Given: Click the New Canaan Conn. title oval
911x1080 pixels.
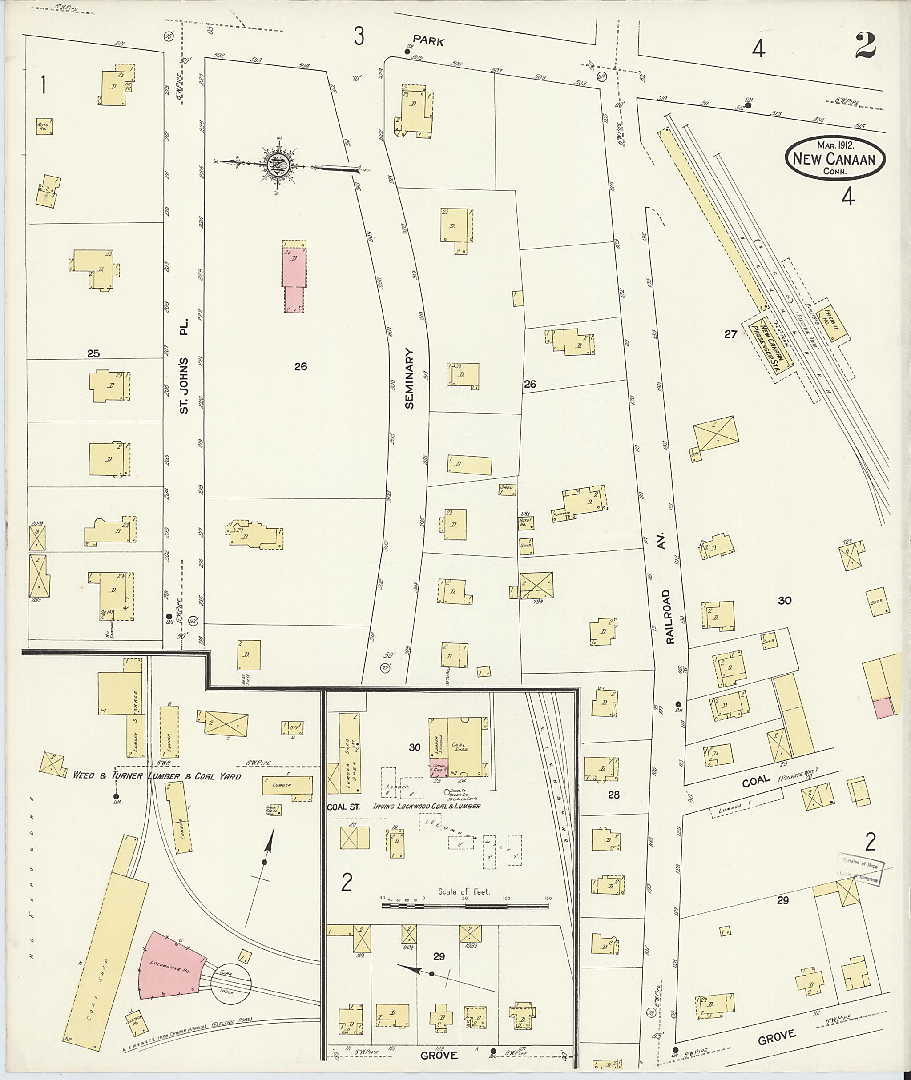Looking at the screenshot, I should click(834, 158).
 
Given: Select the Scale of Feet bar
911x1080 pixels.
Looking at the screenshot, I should click(465, 906).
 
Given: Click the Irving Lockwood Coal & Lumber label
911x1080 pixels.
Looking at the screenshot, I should click(428, 805).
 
